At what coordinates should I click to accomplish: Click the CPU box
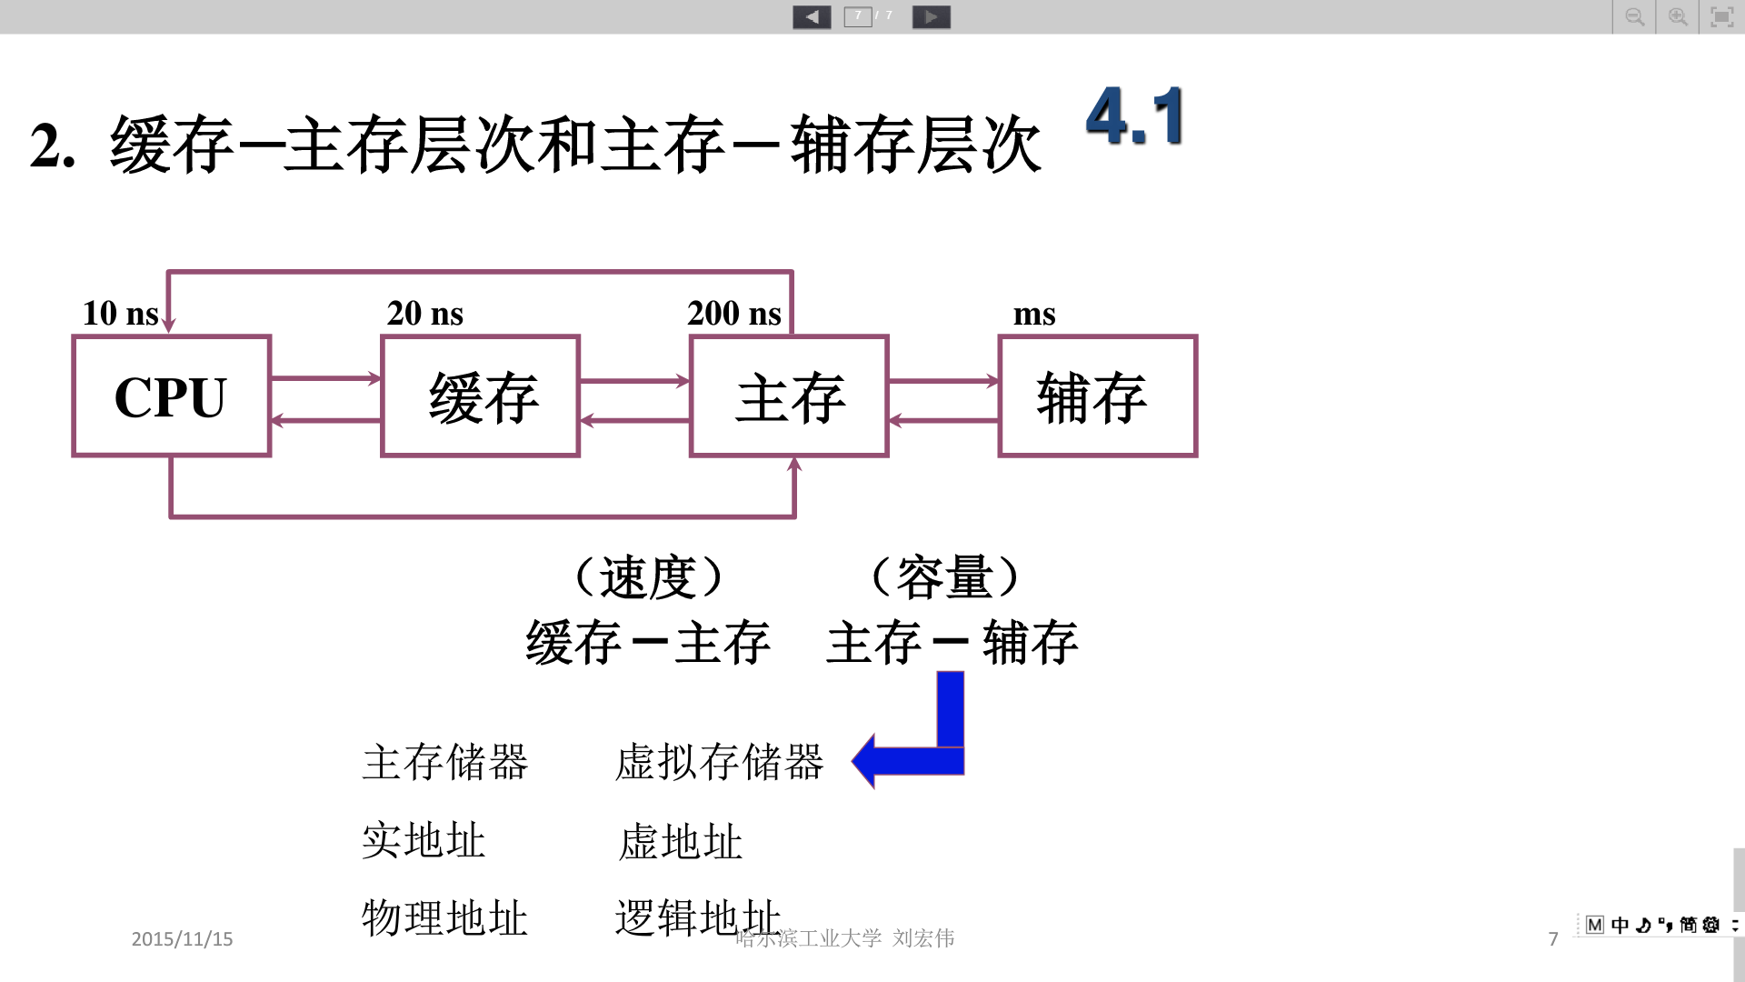tap(171, 396)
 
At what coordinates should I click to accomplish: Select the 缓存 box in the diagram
tap(480, 396)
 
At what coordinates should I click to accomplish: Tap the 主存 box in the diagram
tap(789, 396)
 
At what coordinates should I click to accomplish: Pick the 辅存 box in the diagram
tap(1097, 396)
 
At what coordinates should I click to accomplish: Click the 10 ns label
tap(120, 314)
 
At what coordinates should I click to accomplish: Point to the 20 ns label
tap(424, 314)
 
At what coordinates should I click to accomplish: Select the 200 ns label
tap(733, 314)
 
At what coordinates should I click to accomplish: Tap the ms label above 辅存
tap(1034, 315)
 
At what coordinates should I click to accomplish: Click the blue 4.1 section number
tap(1135, 116)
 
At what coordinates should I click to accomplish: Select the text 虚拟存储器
tap(719, 762)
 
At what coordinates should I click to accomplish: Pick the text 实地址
tap(424, 840)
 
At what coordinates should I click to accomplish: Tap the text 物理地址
tap(444, 918)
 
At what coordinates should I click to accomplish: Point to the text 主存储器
tap(444, 762)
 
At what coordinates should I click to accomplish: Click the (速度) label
tap(648, 577)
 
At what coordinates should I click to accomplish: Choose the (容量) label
tap(945, 577)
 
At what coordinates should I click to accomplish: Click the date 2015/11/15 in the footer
tap(182, 939)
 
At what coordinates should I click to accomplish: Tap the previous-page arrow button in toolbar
tap(812, 16)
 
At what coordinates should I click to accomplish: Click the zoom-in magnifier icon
tap(1678, 16)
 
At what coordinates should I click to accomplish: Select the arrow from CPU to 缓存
tap(325, 378)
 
